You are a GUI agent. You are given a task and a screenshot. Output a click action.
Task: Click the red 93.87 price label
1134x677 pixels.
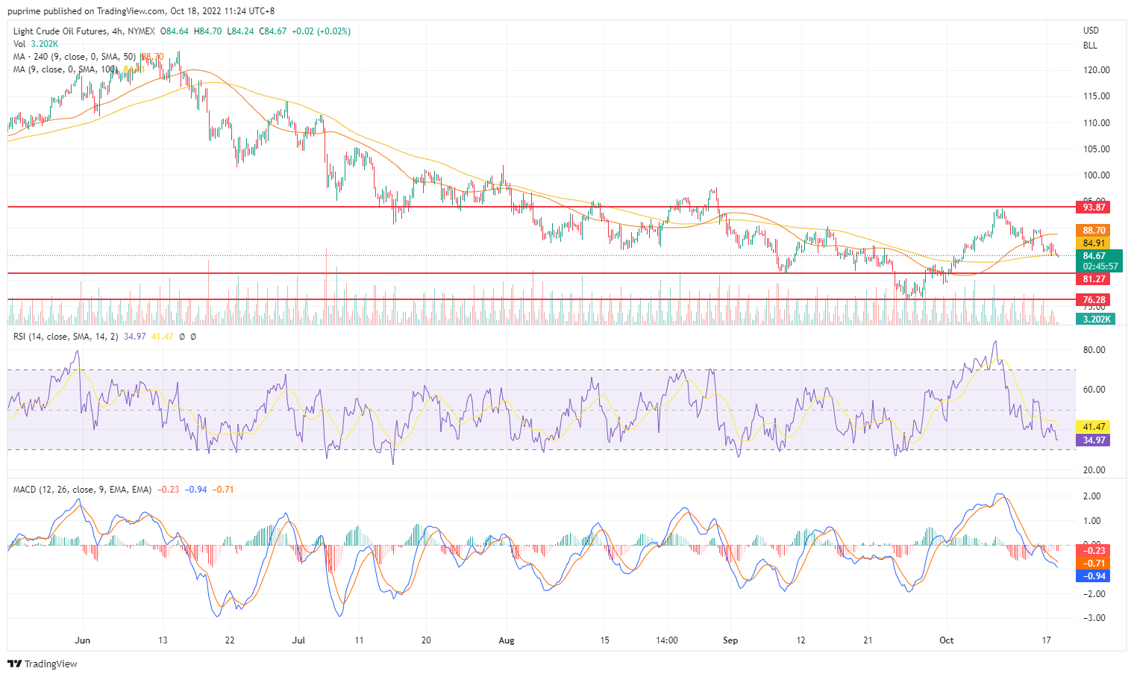point(1094,207)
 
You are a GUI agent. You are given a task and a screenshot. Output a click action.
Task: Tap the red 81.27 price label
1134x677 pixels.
point(1094,279)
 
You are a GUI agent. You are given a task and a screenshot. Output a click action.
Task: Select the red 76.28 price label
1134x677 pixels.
point(1094,299)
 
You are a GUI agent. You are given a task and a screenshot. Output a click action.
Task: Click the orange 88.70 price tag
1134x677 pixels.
point(1094,231)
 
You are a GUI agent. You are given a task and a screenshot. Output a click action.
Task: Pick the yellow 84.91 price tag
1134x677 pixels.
point(1094,243)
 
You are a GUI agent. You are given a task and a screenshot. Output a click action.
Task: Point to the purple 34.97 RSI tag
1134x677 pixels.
point(1094,440)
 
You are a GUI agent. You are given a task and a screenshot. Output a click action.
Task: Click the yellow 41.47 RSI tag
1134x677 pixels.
point(1094,427)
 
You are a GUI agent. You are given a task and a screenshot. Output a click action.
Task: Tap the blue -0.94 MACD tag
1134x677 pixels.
point(1094,576)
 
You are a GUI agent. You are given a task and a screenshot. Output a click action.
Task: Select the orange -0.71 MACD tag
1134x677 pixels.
point(1094,564)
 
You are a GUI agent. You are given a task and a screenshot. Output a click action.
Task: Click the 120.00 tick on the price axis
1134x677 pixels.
point(1096,70)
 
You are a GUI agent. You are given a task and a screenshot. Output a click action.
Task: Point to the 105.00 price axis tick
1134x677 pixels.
point(1096,149)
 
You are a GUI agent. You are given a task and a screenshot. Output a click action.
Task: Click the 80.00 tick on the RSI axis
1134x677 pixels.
point(1094,350)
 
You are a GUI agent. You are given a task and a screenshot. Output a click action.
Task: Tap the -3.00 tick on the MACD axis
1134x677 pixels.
point(1093,618)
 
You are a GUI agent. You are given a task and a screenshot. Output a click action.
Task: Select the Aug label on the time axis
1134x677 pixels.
point(507,640)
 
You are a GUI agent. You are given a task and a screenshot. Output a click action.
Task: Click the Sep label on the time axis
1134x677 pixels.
point(730,640)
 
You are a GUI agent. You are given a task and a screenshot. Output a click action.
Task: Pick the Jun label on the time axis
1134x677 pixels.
point(83,640)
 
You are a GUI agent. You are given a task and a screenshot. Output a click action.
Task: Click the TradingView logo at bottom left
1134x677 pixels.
point(43,664)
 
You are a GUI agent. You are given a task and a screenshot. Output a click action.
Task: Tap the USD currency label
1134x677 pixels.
point(1091,31)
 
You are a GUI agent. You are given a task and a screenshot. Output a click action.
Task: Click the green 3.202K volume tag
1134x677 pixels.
point(1094,319)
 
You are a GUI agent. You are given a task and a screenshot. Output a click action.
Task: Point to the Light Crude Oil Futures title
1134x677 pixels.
point(59,31)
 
